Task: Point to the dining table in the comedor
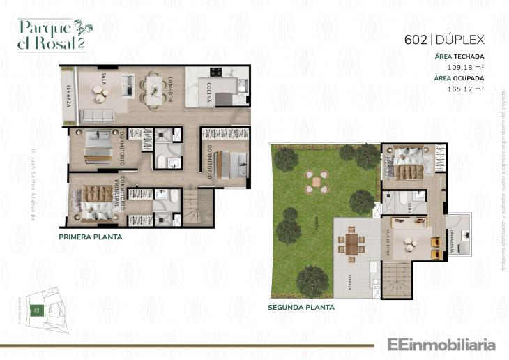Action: [153, 89]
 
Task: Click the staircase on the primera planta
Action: [197, 208]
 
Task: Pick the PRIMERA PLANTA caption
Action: [91, 237]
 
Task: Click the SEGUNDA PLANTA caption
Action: [301, 307]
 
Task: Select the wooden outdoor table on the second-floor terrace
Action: [351, 244]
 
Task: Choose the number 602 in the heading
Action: [416, 40]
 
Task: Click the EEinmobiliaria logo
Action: [436, 345]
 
